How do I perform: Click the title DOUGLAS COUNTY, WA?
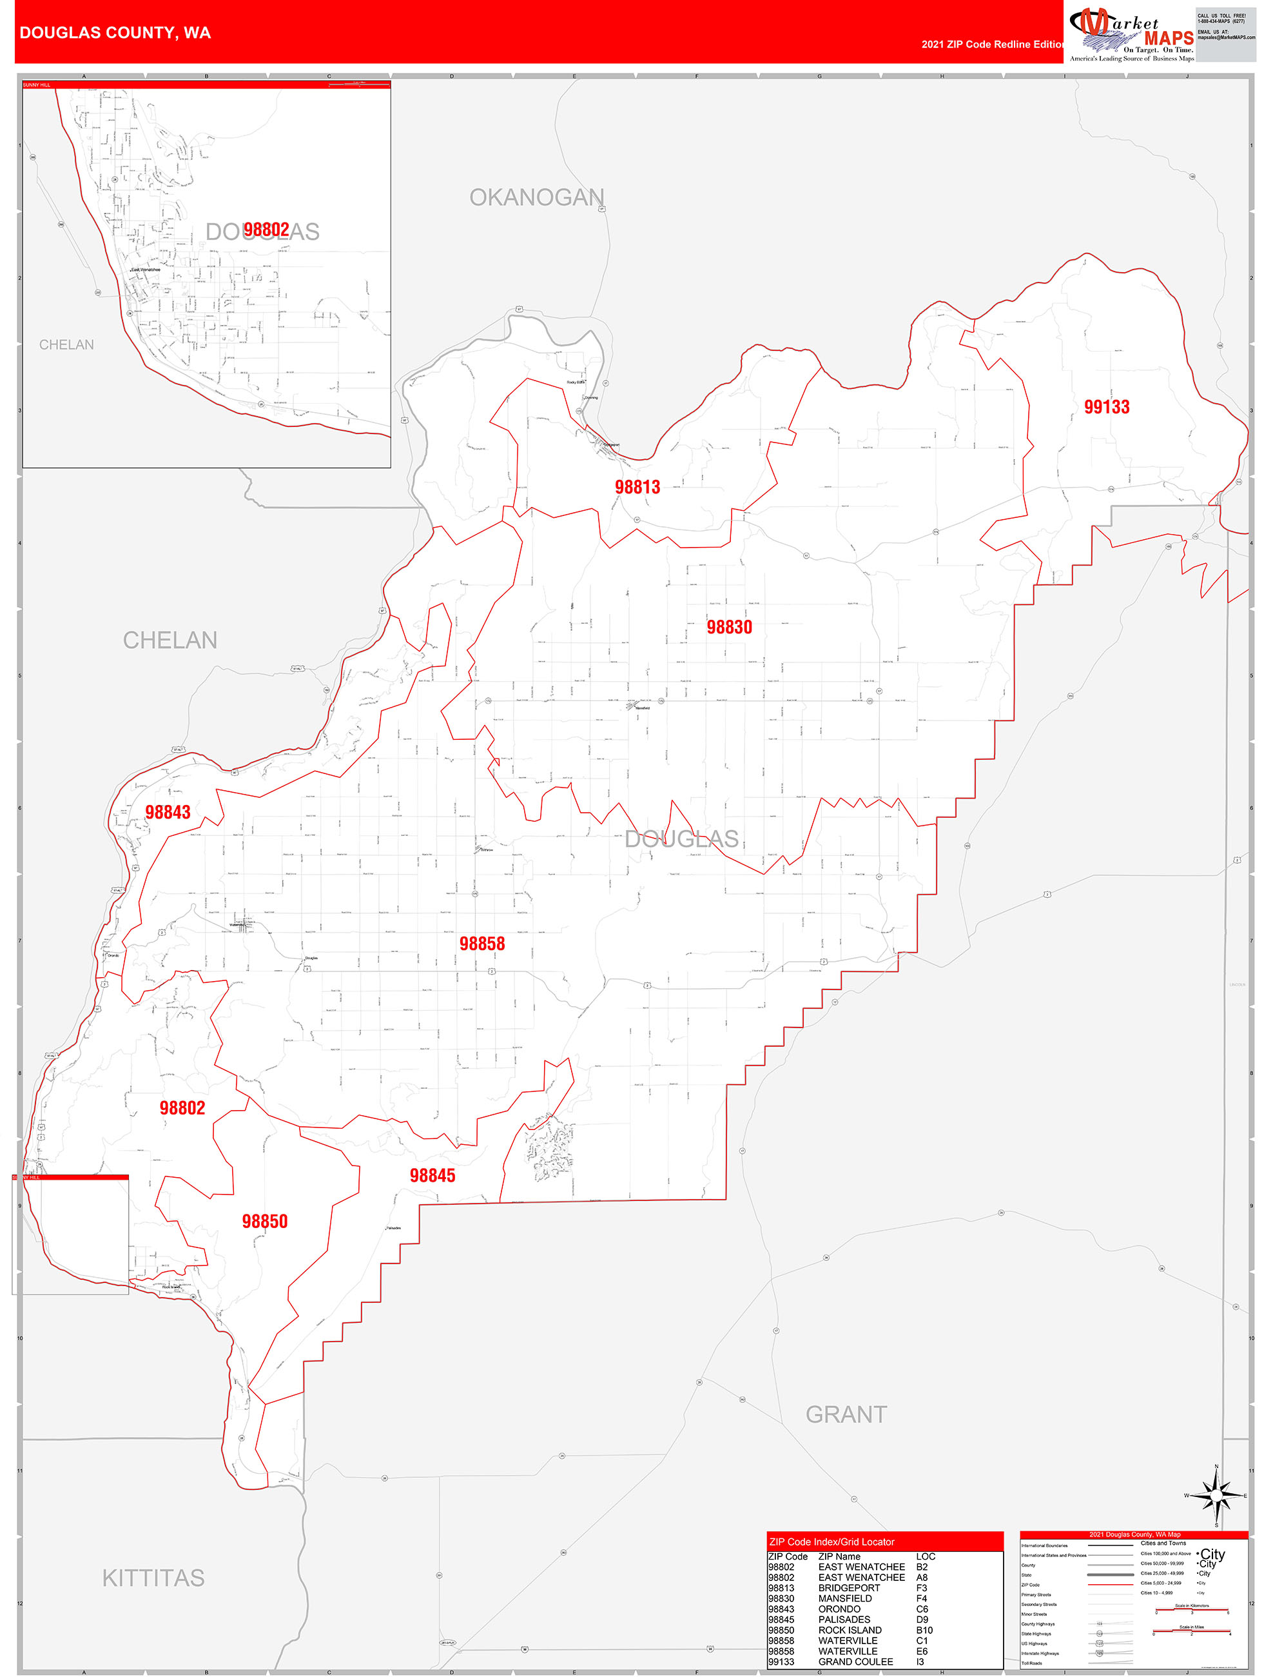pos(115,33)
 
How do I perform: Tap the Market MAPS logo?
pos(1131,34)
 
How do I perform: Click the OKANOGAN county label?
pos(536,197)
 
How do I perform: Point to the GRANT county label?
pos(846,1414)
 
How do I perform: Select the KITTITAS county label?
pos(153,1578)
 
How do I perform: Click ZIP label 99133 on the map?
pos(1106,407)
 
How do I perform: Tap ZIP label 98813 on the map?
pos(637,488)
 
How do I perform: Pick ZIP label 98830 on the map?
pos(729,627)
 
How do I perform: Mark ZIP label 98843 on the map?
pos(168,812)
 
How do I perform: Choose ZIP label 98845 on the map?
pos(432,1175)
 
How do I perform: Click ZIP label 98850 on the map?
pos(264,1222)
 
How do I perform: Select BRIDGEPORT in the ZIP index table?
pos(849,1587)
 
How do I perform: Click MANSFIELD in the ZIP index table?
pos(845,1598)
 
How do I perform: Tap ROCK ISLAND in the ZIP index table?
pos(850,1630)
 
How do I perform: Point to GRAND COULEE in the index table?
pos(855,1662)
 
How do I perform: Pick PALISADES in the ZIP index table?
pos(844,1620)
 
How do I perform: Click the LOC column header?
pos(925,1556)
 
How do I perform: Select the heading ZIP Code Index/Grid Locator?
pos(831,1542)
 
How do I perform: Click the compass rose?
pos(1216,1495)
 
